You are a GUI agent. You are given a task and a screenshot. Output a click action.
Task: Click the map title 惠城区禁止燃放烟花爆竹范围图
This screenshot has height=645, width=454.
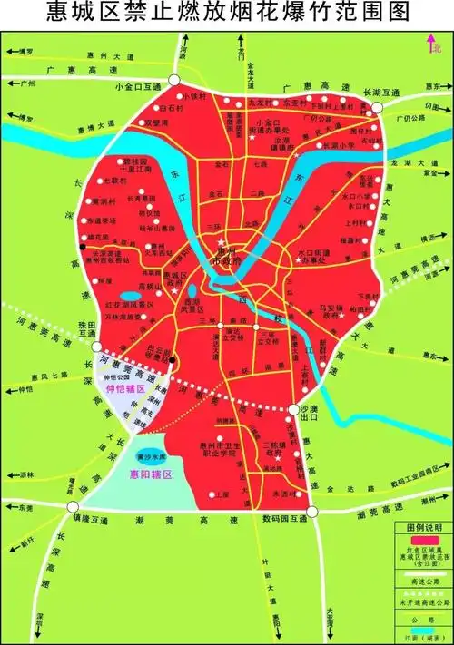[x=226, y=13]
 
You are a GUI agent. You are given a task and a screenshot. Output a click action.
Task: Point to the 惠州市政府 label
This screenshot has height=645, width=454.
[x=221, y=257]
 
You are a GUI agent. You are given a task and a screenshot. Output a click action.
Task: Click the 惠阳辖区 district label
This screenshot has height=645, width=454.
[x=153, y=475]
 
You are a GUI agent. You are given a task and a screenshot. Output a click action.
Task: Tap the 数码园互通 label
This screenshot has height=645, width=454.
[x=282, y=519]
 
